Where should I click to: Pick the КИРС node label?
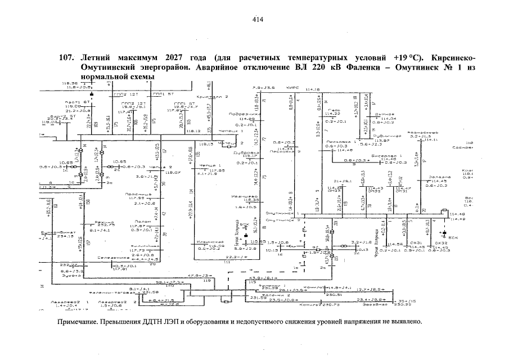(x=293, y=88)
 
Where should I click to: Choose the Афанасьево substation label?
(x=419, y=132)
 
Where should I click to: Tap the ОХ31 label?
(x=417, y=244)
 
